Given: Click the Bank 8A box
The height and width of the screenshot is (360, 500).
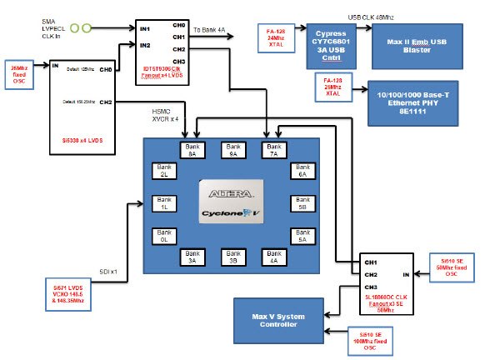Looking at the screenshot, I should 193,150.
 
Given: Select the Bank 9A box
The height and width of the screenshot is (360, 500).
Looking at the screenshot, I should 233,150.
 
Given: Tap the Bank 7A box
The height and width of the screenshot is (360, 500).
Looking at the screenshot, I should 274,150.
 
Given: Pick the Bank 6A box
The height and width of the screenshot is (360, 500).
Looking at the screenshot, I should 301,172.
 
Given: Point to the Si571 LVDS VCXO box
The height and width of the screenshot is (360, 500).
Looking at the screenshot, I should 67,293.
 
